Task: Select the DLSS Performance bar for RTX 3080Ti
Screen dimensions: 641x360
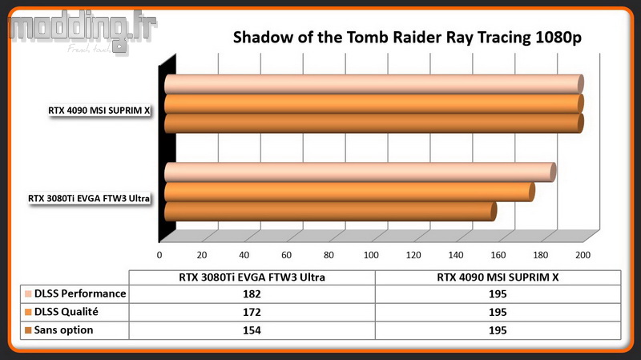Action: [x=360, y=172]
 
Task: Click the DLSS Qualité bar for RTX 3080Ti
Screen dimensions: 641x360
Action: [x=349, y=192]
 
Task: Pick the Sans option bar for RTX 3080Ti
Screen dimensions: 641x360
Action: [x=330, y=212]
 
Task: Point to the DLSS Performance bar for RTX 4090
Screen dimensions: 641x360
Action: [x=373, y=84]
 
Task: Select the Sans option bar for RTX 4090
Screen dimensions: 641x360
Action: [x=373, y=123]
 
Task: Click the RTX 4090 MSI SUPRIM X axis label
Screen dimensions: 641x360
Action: [x=99, y=111]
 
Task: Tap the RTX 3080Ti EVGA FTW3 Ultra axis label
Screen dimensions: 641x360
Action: [x=89, y=198]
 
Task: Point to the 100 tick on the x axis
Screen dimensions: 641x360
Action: [x=371, y=255]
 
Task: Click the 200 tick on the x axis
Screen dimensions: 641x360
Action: [x=583, y=255]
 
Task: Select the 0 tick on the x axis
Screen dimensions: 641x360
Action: [x=159, y=255]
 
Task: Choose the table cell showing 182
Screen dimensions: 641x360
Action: [x=252, y=294]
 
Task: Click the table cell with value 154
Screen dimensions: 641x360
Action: [x=252, y=330]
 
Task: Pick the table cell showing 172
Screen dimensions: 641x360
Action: [x=252, y=312]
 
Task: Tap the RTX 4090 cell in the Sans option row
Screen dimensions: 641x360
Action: [x=498, y=330]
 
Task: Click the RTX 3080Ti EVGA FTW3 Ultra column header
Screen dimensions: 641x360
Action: [x=252, y=277]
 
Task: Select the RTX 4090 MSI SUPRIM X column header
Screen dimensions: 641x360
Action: [x=498, y=277]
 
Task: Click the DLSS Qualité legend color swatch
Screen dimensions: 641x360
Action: [x=28, y=312]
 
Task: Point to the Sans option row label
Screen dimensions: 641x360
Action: [x=63, y=330]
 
